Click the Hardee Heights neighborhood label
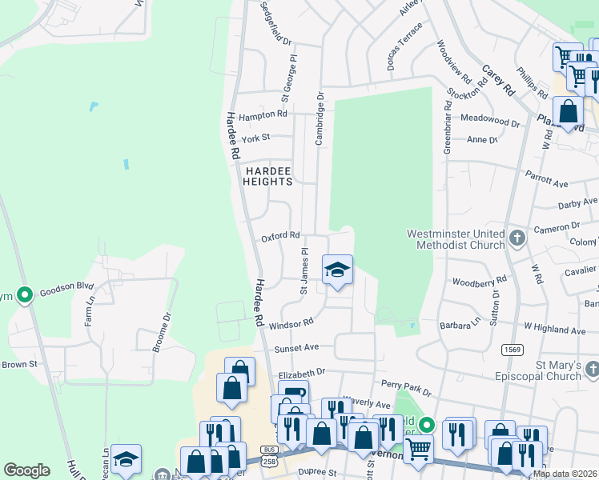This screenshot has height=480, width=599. tap(268, 176)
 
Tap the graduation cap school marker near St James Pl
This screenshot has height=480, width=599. tap(337, 270)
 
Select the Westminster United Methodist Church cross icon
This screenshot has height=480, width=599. tap(517, 238)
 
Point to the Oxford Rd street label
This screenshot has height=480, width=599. tap(280, 236)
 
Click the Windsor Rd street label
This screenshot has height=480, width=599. tap(291, 325)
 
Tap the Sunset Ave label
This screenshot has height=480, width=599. tap(297, 349)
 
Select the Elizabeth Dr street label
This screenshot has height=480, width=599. tap(302, 373)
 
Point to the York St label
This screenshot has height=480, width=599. tap(255, 138)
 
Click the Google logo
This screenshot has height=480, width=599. tap(26, 470)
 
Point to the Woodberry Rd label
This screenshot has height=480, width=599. tap(480, 282)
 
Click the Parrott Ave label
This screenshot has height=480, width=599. tap(546, 177)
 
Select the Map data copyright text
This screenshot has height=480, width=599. tap(565, 474)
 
